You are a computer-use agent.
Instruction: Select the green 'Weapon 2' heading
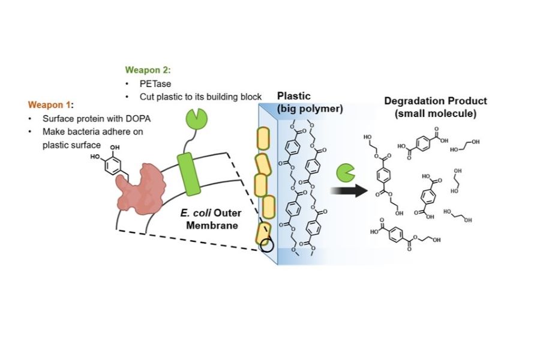[x=147, y=70]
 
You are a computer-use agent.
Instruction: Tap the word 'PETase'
[x=155, y=84]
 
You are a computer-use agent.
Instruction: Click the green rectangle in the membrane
[x=188, y=174]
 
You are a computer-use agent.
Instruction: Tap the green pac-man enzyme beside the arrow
[x=345, y=173]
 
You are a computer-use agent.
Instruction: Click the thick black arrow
[x=349, y=191]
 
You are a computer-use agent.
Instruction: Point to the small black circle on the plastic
[x=266, y=245]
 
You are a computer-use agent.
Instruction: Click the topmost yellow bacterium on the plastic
[x=263, y=139]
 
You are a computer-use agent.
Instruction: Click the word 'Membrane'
[x=212, y=226]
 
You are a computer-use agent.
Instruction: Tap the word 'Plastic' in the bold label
[x=294, y=96]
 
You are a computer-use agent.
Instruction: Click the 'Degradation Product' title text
[x=436, y=101]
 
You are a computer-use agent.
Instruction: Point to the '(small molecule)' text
[x=436, y=113]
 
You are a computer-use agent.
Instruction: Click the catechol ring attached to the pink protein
[x=113, y=166]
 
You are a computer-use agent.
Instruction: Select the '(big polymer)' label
[x=310, y=109]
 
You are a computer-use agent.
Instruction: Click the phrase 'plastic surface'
[x=71, y=145]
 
